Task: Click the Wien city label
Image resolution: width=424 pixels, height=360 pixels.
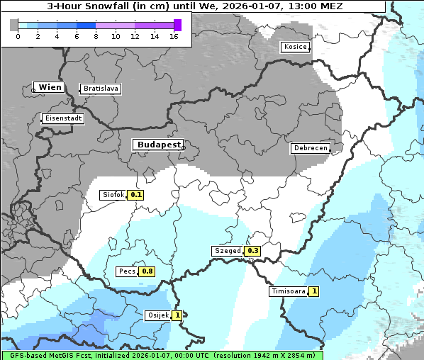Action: pyautogui.click(x=50, y=88)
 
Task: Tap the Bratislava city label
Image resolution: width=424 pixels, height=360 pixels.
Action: pyautogui.click(x=100, y=89)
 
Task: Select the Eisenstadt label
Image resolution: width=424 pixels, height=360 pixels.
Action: pyautogui.click(x=63, y=118)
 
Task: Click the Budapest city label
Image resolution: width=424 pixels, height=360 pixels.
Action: pyautogui.click(x=158, y=145)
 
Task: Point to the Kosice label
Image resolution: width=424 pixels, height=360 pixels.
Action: pyautogui.click(x=295, y=47)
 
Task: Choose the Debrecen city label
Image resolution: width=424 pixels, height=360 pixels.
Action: pyautogui.click(x=310, y=148)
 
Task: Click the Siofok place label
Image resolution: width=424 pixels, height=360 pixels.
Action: pyautogui.click(x=113, y=195)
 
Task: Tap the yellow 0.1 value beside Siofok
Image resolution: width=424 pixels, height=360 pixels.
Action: pyautogui.click(x=136, y=195)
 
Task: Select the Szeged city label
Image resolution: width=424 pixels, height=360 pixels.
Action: pyautogui.click(x=228, y=251)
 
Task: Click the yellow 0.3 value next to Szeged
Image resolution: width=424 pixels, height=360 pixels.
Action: pyautogui.click(x=252, y=251)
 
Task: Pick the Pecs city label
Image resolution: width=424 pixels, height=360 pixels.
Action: pyautogui.click(x=127, y=271)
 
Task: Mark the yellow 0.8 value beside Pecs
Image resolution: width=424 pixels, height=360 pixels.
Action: pyautogui.click(x=147, y=271)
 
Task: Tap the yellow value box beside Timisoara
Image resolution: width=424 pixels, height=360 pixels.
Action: pyautogui.click(x=314, y=291)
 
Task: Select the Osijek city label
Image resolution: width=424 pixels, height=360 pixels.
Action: pyautogui.click(x=157, y=315)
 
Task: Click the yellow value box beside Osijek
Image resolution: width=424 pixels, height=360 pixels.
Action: pyautogui.click(x=177, y=315)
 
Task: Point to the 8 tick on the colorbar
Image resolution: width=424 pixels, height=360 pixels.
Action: pyautogui.click(x=96, y=36)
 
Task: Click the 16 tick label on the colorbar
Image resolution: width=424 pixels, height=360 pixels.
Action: pyautogui.click(x=174, y=36)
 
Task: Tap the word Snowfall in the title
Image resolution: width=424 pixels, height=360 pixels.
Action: pyautogui.click(x=104, y=6)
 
